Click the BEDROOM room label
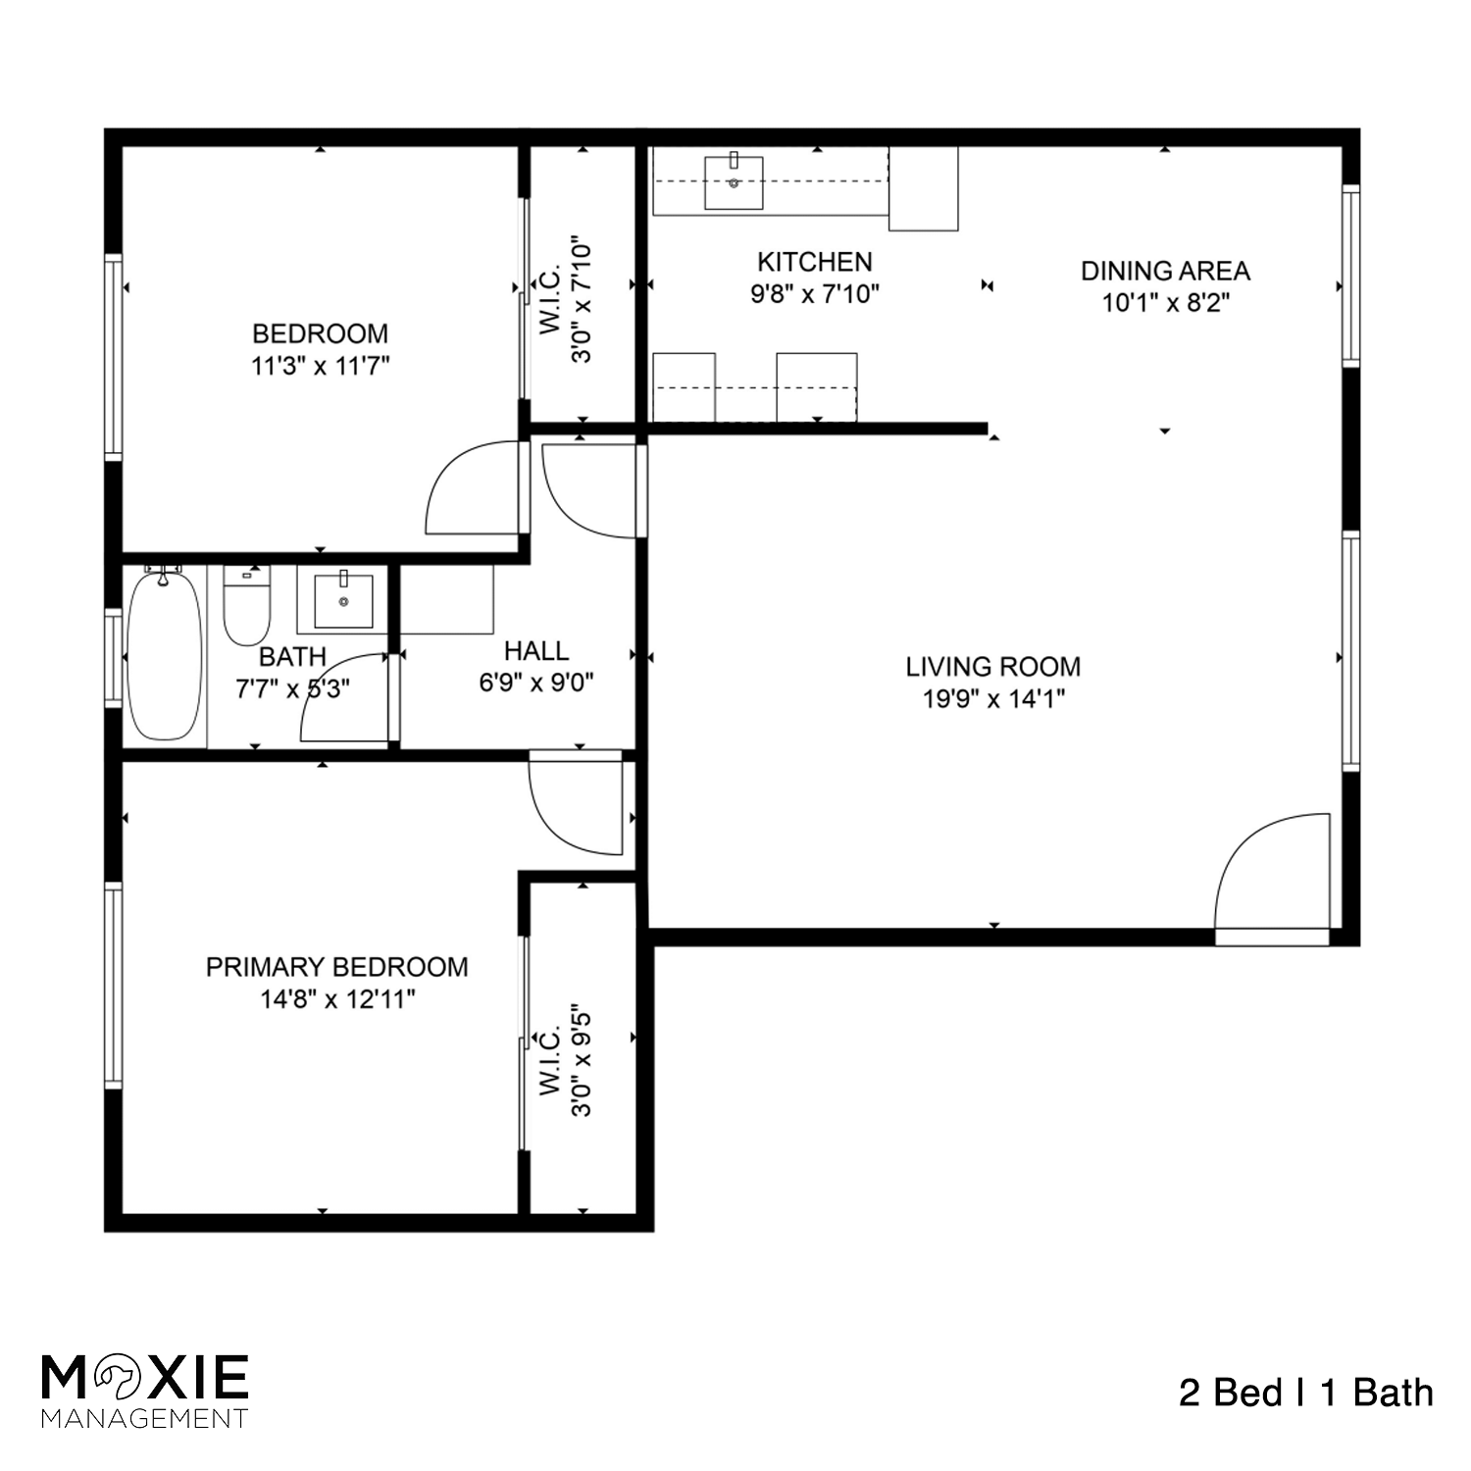pos(320,333)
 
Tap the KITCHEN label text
pos(814,262)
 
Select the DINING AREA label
pos(1165,271)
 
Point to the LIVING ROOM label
pos(992,667)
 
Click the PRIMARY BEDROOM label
pos(336,967)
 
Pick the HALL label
pos(536,651)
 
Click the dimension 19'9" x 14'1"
pos(992,699)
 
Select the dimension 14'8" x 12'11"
pos(336,999)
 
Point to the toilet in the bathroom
pos(246,608)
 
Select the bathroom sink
pos(343,600)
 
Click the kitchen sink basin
pos(734,182)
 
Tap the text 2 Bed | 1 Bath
pos(1305,1393)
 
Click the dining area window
pos(1351,275)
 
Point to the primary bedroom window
pos(114,985)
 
